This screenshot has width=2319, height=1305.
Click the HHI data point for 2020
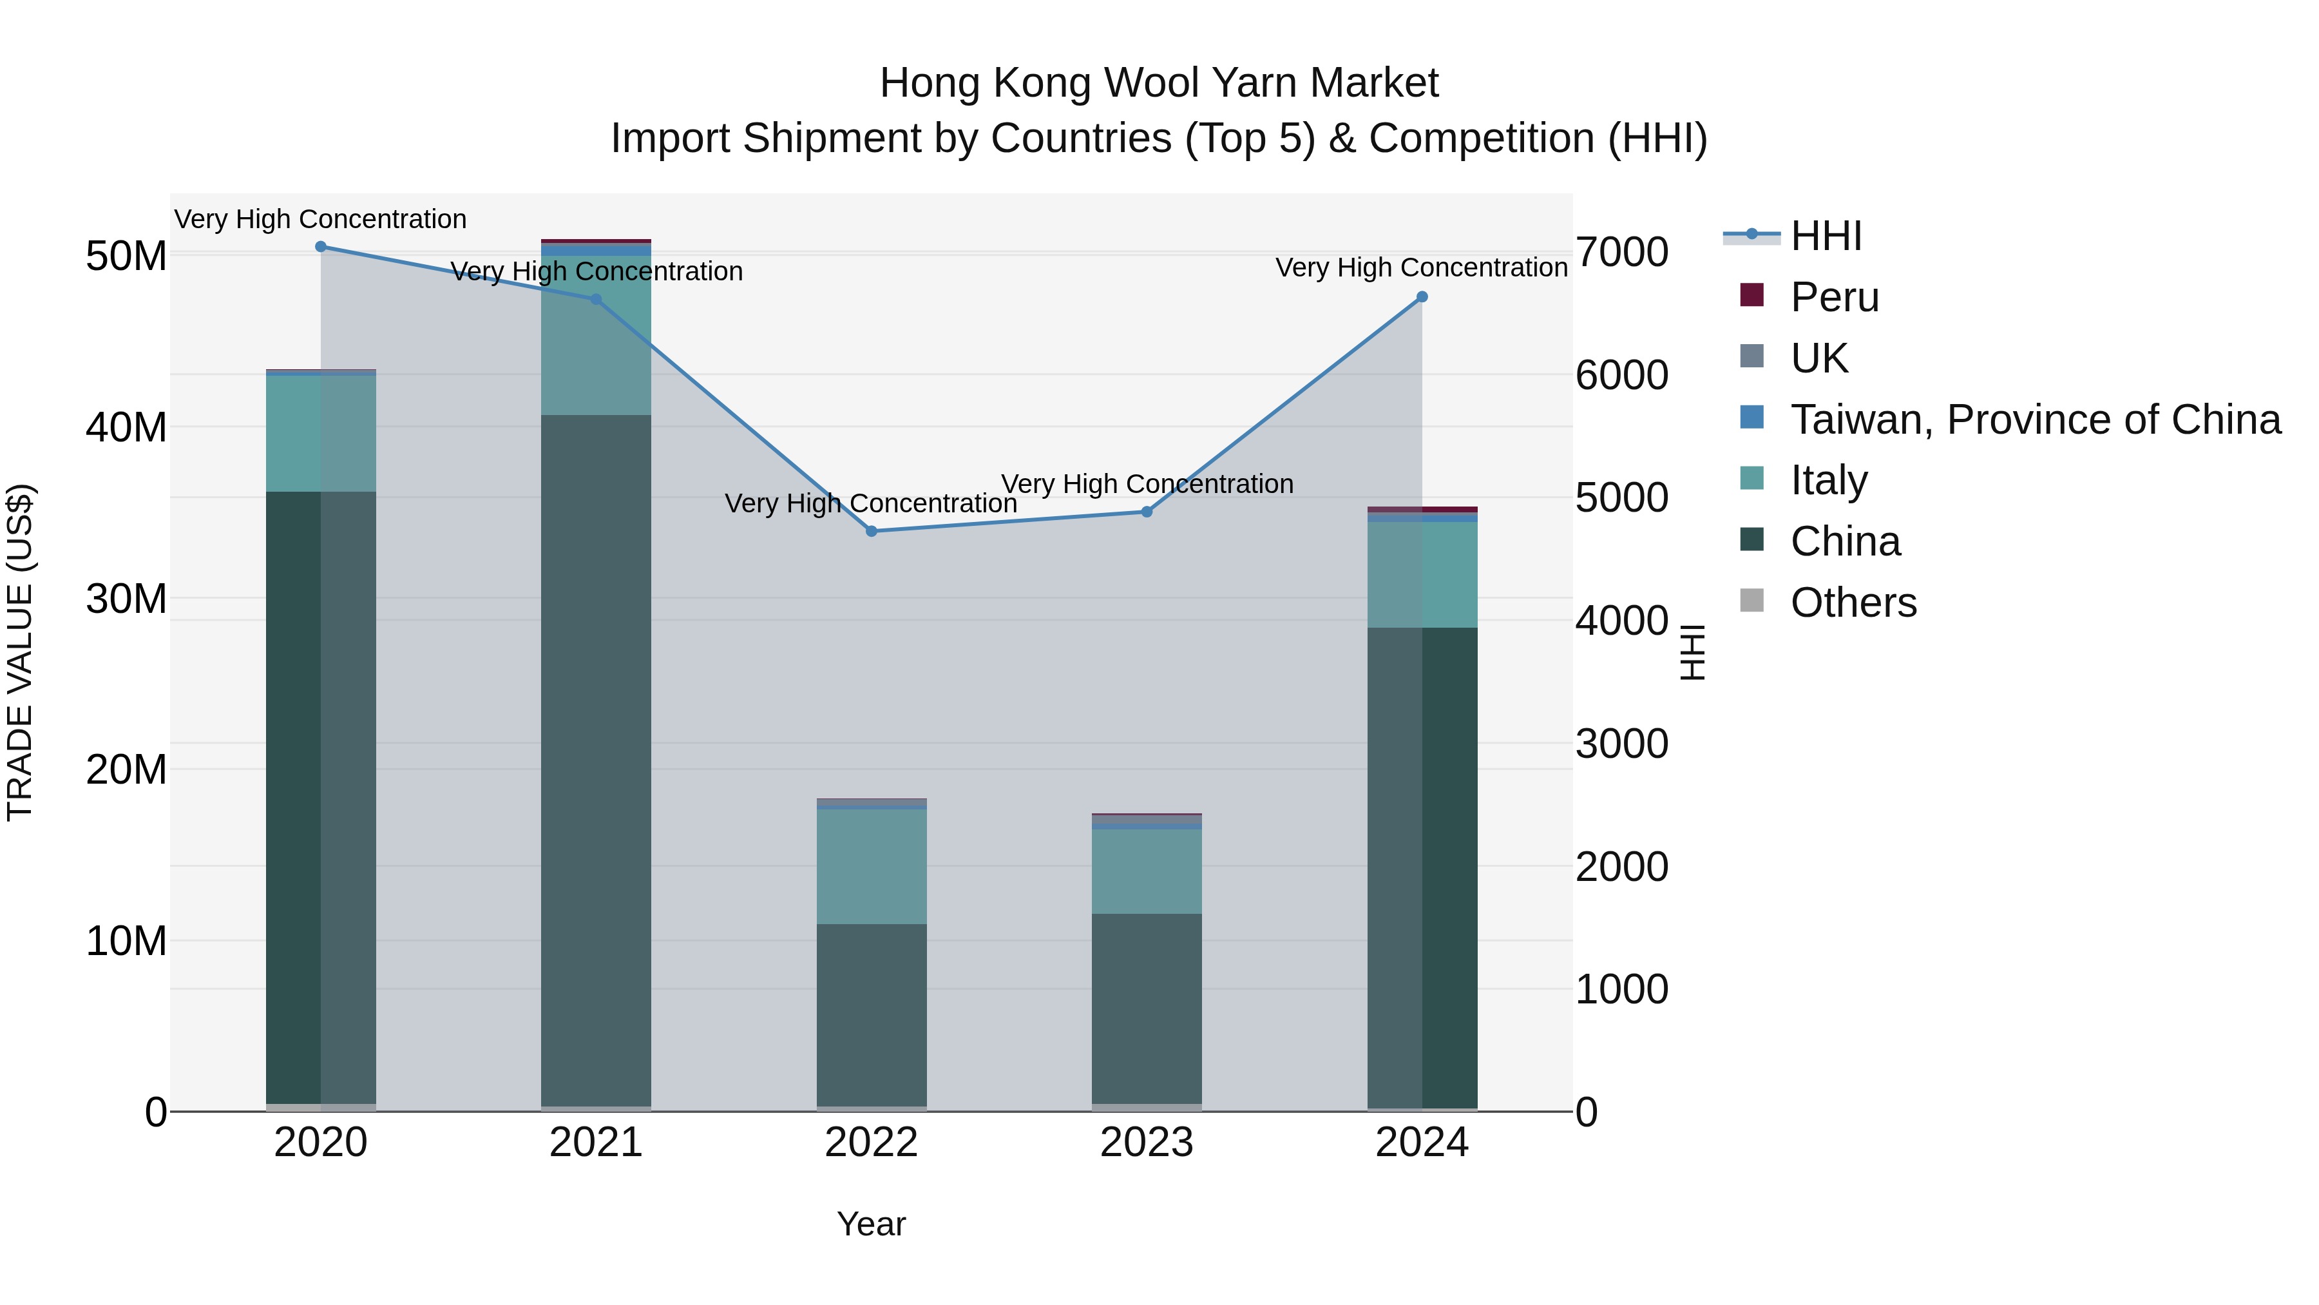click(321, 247)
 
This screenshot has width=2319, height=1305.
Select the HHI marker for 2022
click(872, 532)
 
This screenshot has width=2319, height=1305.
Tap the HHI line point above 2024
click(1422, 297)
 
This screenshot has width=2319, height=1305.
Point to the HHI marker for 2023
click(1147, 512)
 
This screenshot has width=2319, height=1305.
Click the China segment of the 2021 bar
click(596, 761)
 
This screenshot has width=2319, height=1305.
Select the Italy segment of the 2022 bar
click(872, 866)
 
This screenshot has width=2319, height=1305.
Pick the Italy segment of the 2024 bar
click(1422, 575)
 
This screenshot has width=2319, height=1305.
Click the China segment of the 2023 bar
click(1147, 1009)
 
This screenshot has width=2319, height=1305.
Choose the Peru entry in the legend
click(1834, 297)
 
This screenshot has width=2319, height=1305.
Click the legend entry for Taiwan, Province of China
click(2034, 420)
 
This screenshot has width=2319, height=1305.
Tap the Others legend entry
click(1853, 603)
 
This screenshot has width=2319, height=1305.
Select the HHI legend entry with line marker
click(1825, 236)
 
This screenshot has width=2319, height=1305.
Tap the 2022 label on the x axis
click(872, 1143)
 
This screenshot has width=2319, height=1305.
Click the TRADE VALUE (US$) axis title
click(21, 652)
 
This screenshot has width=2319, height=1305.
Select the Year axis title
click(872, 1224)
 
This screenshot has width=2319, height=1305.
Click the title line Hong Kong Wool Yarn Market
click(1159, 83)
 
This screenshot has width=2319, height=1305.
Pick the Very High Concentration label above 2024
click(1422, 267)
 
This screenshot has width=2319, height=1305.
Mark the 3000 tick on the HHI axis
click(1621, 744)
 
